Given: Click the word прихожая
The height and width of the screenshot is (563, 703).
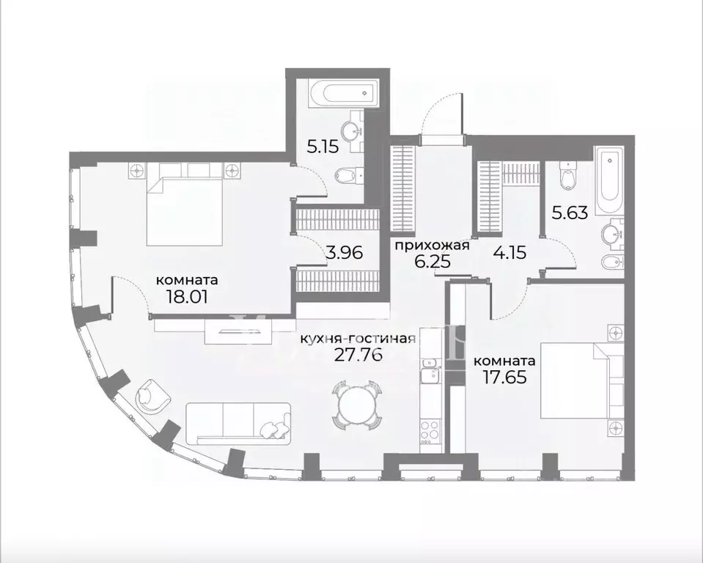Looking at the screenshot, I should point(432,245).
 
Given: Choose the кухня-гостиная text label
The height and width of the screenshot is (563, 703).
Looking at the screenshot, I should point(358,339).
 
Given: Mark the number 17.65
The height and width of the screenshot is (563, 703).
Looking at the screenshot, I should point(503,379).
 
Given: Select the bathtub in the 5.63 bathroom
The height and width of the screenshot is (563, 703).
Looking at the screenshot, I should point(608,180).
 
